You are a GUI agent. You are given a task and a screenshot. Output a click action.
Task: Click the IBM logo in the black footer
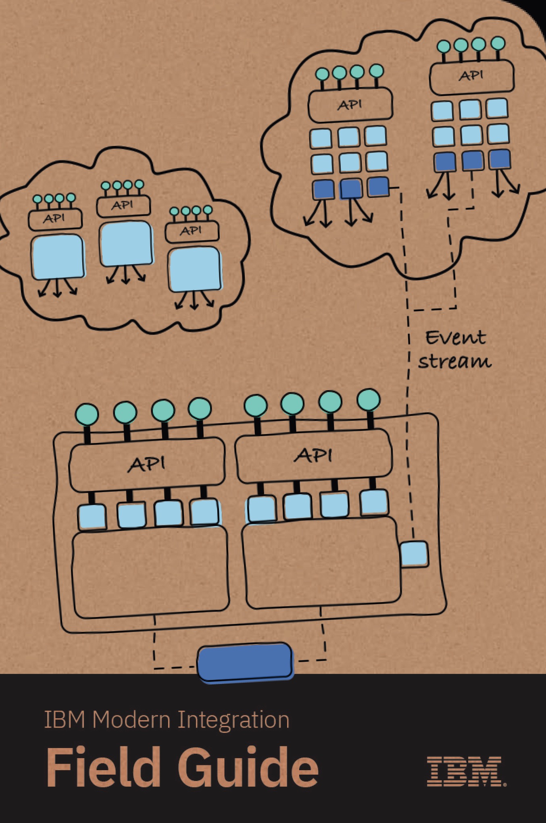[x=467, y=771]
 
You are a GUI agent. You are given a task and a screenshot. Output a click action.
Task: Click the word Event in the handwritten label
[x=456, y=338]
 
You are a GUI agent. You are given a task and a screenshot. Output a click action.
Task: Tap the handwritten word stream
[x=455, y=361]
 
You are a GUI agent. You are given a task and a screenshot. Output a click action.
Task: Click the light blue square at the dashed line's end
[x=414, y=554]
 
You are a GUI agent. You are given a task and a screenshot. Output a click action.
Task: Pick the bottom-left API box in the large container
[x=147, y=464]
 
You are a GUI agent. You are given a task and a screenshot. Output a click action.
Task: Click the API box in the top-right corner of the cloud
[x=472, y=77]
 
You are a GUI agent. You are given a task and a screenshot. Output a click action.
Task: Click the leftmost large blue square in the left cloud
[x=58, y=258]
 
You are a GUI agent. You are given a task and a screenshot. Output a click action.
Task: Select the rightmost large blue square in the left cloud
[x=195, y=269]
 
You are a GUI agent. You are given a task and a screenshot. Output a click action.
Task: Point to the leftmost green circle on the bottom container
[x=87, y=415]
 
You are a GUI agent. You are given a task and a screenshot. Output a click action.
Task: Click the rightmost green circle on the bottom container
[x=369, y=400]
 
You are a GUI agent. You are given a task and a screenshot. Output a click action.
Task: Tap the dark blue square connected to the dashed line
[x=379, y=187]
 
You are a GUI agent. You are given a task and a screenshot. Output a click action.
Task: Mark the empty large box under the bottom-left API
[x=150, y=574]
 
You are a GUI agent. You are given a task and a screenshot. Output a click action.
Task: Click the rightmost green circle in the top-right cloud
[x=498, y=43]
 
